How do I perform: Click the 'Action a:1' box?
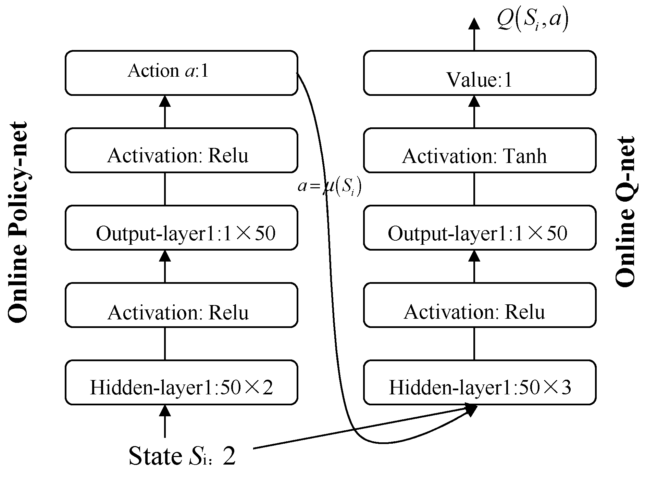pyautogui.click(x=181, y=73)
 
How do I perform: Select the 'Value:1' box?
pyautogui.click(x=480, y=73)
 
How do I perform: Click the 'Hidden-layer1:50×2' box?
pyautogui.click(x=181, y=382)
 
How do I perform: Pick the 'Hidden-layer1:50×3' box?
pyautogui.click(x=480, y=382)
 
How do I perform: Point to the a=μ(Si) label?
pyautogui.click(x=329, y=187)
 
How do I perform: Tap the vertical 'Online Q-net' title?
pyautogui.click(x=625, y=212)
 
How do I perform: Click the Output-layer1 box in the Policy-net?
pyautogui.click(x=181, y=228)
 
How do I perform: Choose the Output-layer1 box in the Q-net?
pyautogui.click(x=480, y=228)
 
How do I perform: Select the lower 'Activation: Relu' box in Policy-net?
pyautogui.click(x=181, y=305)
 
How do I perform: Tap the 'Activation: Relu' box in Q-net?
pyautogui.click(x=480, y=305)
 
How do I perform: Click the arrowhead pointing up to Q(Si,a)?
pyautogui.click(x=474, y=24)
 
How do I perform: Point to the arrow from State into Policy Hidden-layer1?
pyautogui.click(x=165, y=421)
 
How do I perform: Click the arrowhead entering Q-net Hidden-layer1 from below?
pyautogui.click(x=471, y=409)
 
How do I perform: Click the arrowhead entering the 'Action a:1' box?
pyautogui.click(x=165, y=101)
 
